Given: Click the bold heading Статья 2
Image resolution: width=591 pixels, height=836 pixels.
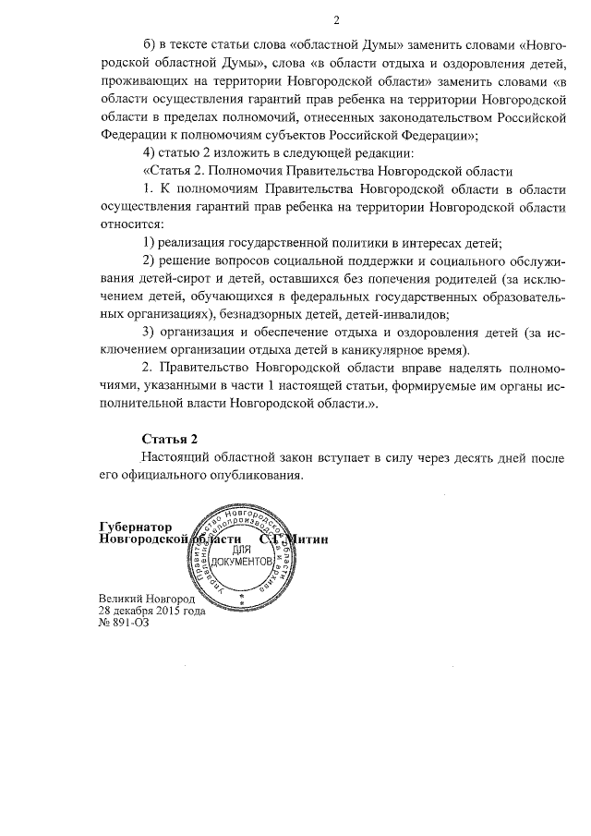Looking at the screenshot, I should [x=170, y=437].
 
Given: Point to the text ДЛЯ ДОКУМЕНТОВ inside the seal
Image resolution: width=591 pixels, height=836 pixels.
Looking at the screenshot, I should [x=242, y=556].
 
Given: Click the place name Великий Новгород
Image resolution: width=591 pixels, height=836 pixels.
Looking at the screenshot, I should [x=140, y=599].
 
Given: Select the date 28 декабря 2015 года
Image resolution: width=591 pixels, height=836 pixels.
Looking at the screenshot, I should [x=152, y=611].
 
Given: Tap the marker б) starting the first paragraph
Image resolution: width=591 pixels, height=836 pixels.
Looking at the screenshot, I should [x=150, y=47].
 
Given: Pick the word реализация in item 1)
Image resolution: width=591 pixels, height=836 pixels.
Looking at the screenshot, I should [x=200, y=242].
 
